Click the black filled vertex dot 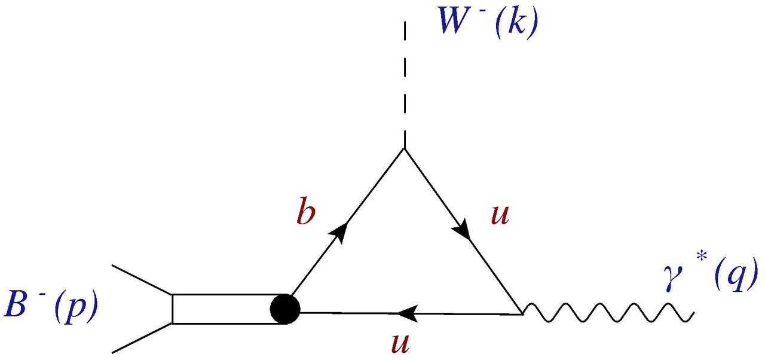click(284, 309)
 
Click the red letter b click(305, 213)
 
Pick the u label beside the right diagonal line click(500, 213)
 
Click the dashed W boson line click(405, 84)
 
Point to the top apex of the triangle click(405, 149)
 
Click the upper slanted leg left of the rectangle click(142, 280)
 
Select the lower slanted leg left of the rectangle click(142, 337)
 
